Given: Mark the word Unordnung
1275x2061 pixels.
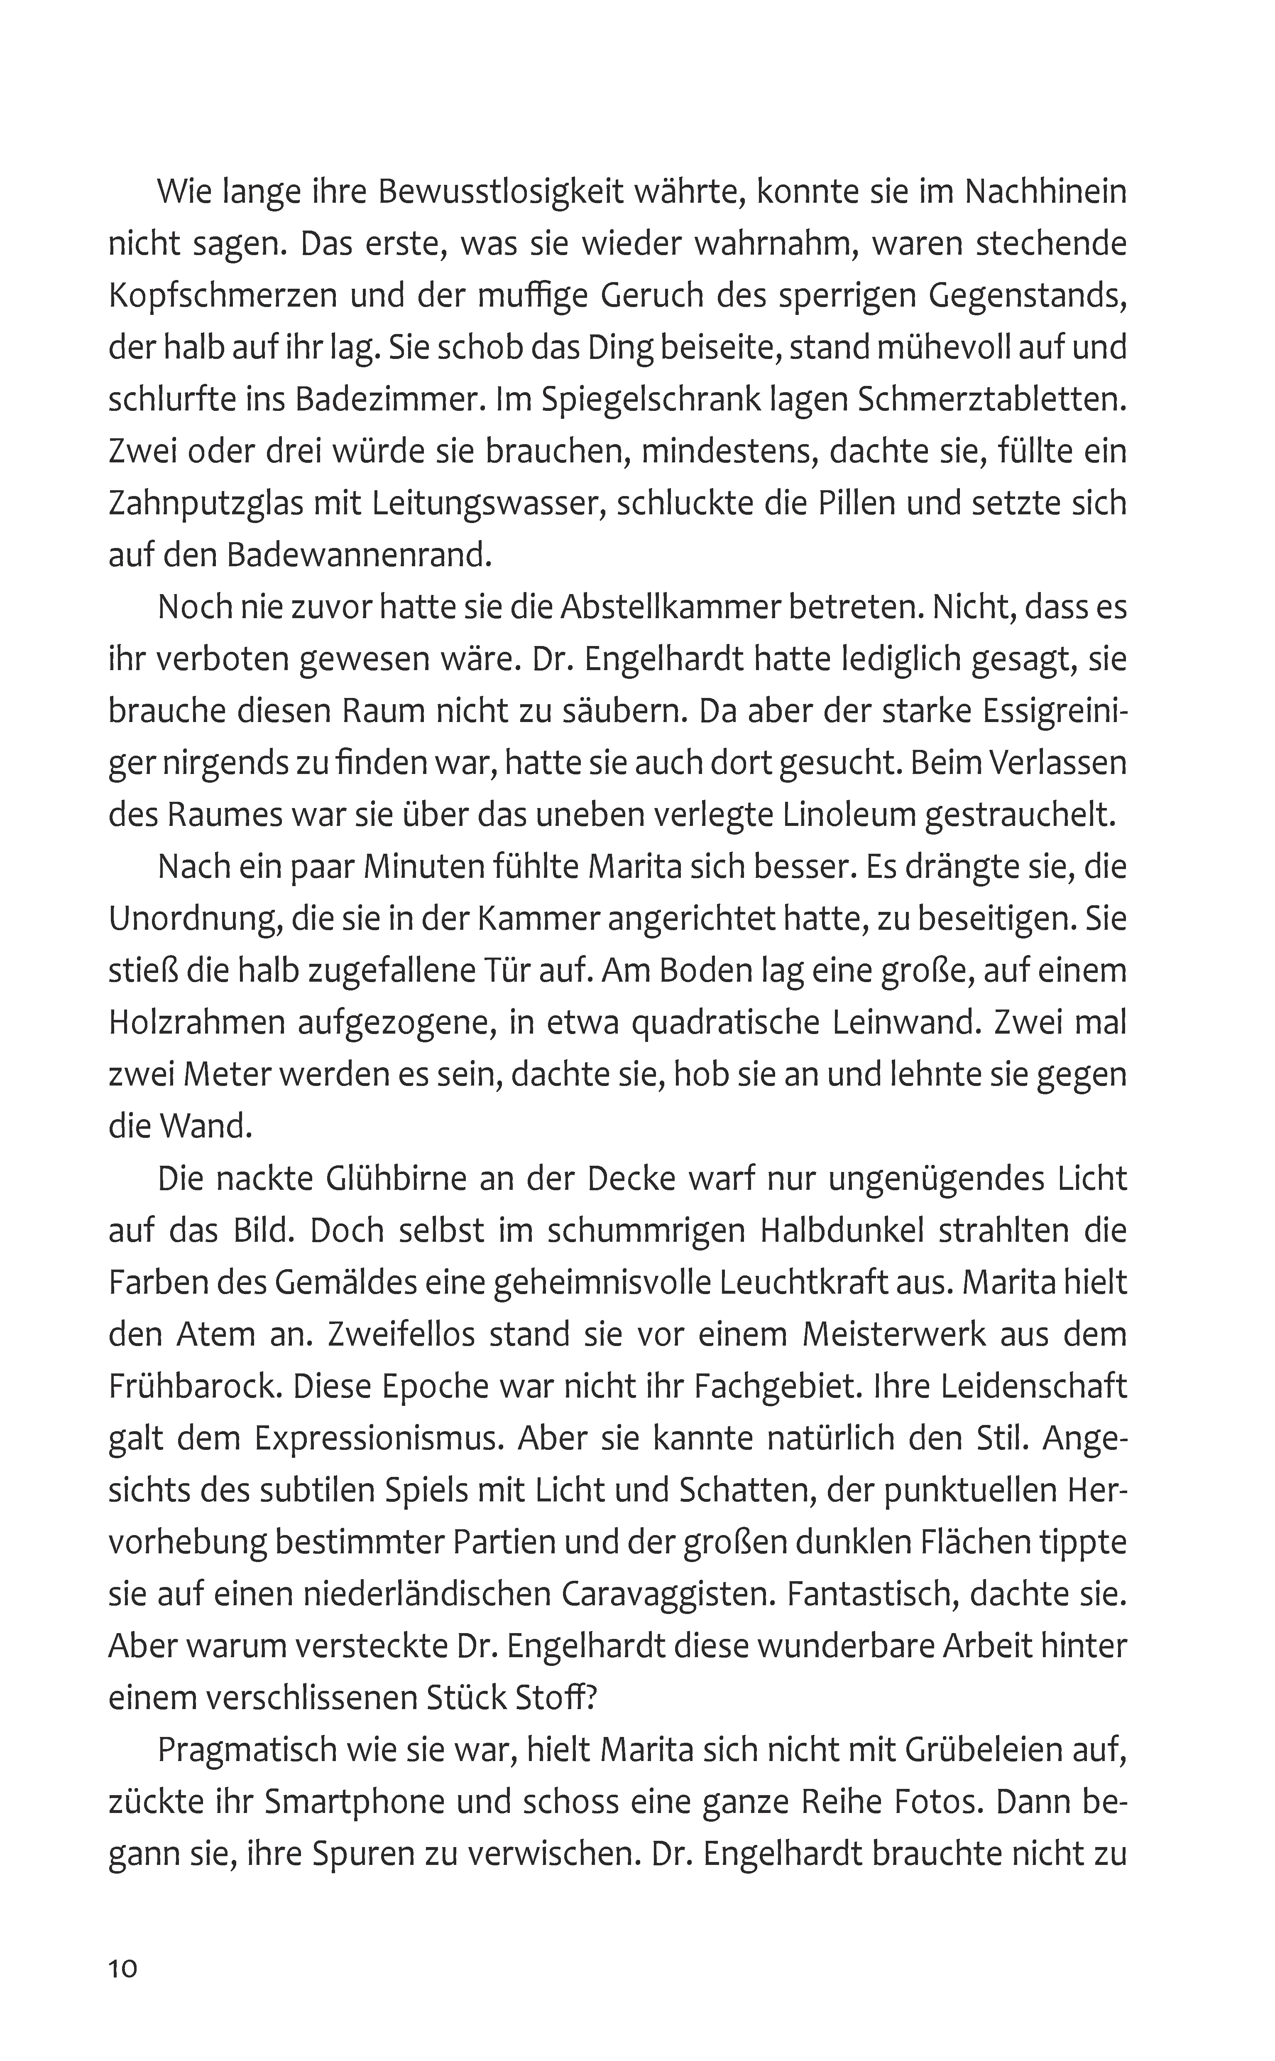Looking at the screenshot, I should pos(194,919).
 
